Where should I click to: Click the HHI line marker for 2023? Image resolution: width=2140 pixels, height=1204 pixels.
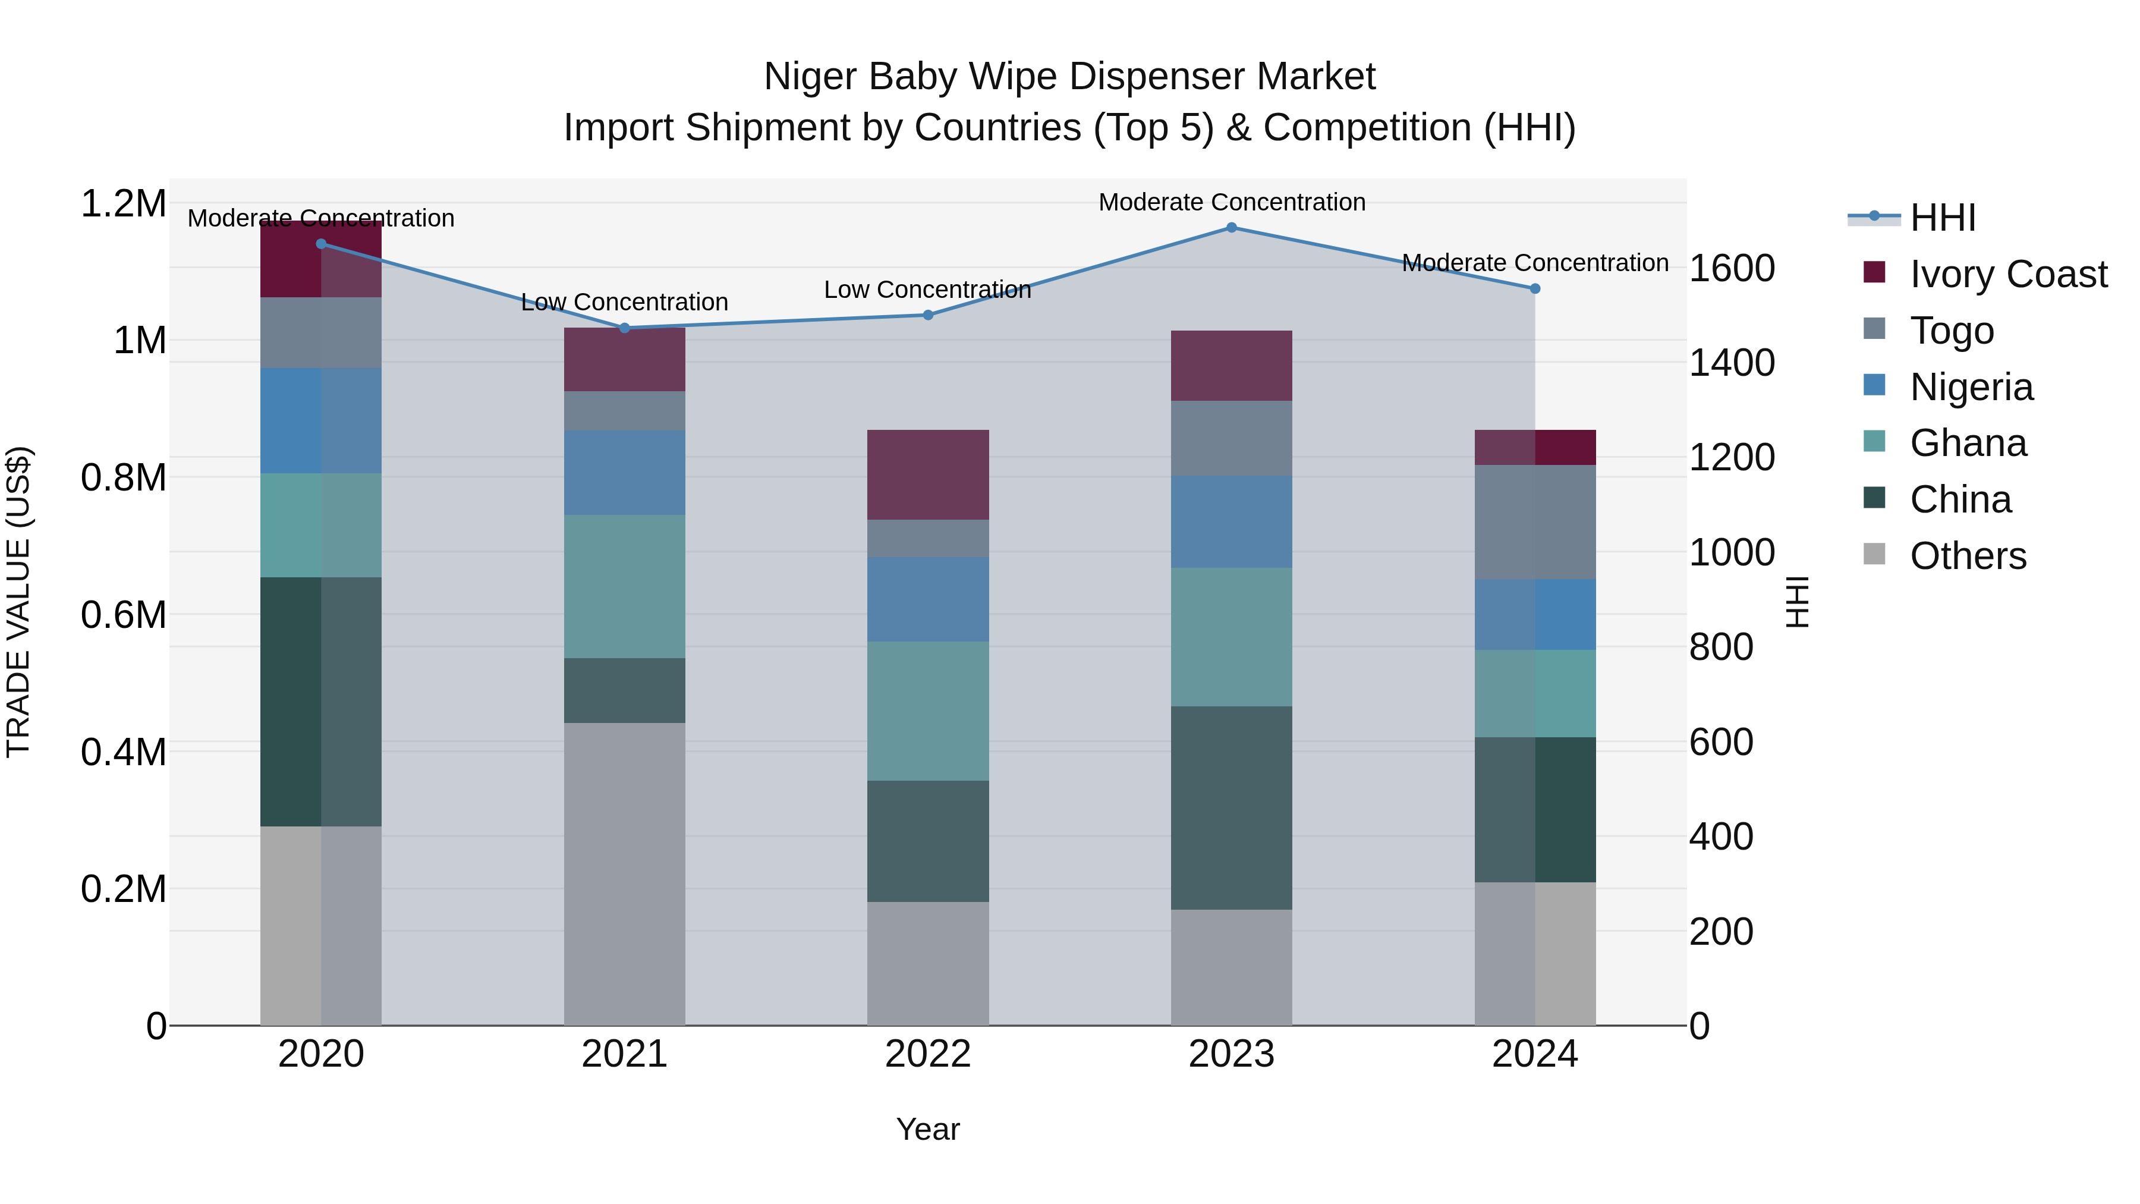(x=1231, y=228)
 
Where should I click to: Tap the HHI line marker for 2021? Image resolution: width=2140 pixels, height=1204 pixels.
(x=625, y=328)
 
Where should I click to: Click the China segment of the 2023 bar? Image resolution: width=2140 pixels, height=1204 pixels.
(x=1231, y=807)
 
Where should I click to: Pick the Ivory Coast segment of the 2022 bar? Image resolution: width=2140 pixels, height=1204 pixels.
(x=928, y=474)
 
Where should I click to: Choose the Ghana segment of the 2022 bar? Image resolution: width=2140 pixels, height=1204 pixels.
(x=928, y=711)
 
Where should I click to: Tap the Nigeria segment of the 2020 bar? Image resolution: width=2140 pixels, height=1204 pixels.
(x=320, y=420)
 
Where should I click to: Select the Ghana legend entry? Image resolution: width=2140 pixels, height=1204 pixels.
(x=1967, y=443)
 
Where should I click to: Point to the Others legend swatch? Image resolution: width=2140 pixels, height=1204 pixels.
(x=1874, y=554)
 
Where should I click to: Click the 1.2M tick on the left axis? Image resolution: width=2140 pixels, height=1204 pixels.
(x=123, y=203)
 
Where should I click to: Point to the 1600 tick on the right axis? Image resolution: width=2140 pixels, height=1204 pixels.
(x=1732, y=268)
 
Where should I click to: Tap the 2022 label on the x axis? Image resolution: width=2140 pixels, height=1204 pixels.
(x=928, y=1054)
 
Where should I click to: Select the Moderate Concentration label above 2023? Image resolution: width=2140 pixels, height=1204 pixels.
(x=1231, y=202)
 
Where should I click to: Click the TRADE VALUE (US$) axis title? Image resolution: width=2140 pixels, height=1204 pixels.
(x=18, y=602)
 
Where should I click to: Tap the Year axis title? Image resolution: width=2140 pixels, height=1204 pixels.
(x=928, y=1129)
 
